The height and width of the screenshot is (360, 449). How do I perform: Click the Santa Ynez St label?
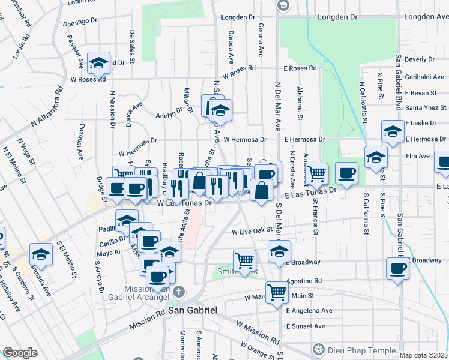point(426,107)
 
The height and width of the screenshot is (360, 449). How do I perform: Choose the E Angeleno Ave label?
point(309,311)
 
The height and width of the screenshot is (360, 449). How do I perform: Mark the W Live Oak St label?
point(252,230)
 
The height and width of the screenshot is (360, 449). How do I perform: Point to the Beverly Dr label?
point(420,59)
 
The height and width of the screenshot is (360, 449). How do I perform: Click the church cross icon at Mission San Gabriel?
point(178,292)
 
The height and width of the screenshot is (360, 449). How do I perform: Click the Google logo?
point(20,353)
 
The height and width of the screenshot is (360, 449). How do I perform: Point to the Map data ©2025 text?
point(423,355)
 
